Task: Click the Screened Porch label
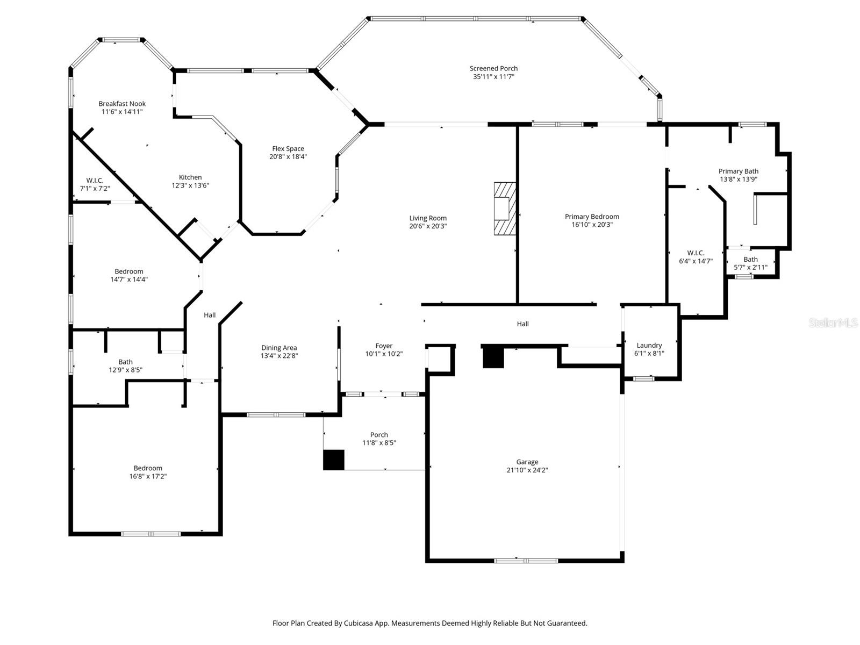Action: [x=493, y=68]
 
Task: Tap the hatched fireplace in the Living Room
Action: [x=505, y=209]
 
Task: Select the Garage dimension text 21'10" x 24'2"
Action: [x=527, y=470]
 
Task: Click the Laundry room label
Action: [x=649, y=346]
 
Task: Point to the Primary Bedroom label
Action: [x=592, y=217]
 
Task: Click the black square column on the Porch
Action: [x=333, y=460]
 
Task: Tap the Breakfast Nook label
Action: [x=122, y=104]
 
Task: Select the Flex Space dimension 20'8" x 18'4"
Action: [x=288, y=157]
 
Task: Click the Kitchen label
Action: [x=190, y=177]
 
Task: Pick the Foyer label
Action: [x=384, y=346]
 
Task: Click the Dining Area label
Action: [x=279, y=348]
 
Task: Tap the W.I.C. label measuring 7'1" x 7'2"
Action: [x=95, y=181]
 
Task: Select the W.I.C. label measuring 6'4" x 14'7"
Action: [x=696, y=253]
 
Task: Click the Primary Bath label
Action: [x=738, y=171]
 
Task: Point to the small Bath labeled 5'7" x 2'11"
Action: [x=750, y=260]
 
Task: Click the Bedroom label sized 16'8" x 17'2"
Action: [x=148, y=468]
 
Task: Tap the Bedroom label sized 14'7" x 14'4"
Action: [x=129, y=271]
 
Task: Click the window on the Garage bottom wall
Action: [x=526, y=561]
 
